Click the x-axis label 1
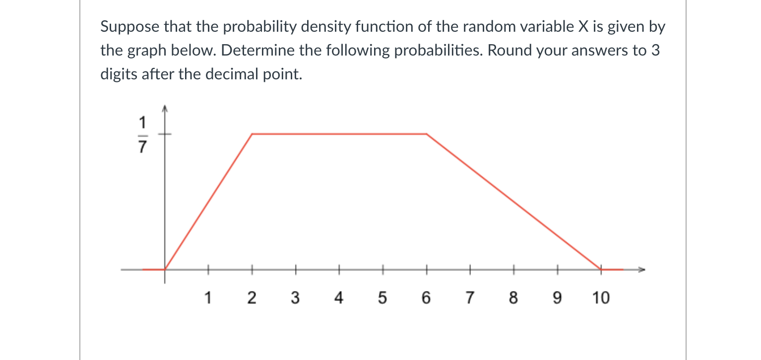(208, 298)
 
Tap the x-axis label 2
(252, 298)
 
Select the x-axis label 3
(295, 298)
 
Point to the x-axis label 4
(339, 298)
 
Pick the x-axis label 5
(382, 298)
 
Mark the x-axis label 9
(557, 298)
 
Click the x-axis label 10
(600, 298)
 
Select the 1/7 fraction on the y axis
(142, 134)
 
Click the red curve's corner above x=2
(253, 134)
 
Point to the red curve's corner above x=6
(426, 134)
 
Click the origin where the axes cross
(166, 269)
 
